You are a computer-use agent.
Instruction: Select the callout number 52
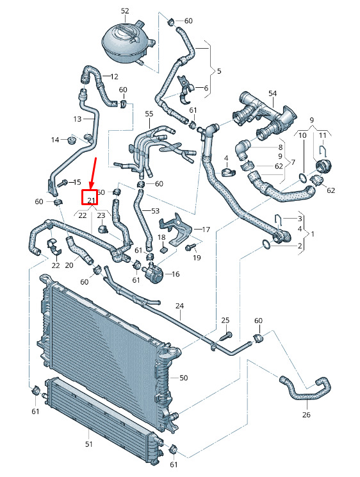(x=125, y=11)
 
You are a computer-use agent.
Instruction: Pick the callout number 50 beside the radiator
(x=184, y=378)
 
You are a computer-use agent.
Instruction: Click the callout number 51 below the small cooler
(x=88, y=444)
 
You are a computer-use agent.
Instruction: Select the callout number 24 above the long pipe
(x=180, y=306)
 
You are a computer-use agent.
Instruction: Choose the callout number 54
(x=272, y=93)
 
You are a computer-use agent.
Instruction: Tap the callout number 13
(x=78, y=119)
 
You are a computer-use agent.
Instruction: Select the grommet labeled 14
(x=72, y=141)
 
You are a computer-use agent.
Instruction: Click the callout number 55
(x=149, y=113)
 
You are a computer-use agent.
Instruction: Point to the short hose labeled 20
(x=78, y=250)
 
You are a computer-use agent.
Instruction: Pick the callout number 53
(x=155, y=210)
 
